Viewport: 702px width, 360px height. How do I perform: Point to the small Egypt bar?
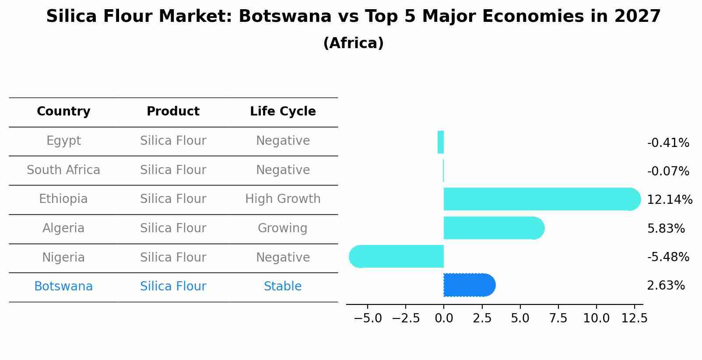(441, 142)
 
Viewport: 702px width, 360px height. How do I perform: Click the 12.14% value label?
(669, 200)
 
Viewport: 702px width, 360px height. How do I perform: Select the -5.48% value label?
(668, 257)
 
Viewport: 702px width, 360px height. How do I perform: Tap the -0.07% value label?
(668, 171)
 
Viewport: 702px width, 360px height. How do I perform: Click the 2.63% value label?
(666, 286)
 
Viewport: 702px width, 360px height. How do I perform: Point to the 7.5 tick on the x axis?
(558, 318)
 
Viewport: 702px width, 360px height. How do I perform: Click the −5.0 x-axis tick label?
(368, 318)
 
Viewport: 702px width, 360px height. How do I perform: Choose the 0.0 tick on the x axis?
(444, 318)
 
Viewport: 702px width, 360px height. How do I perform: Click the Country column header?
(63, 112)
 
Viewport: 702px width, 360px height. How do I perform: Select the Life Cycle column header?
(283, 112)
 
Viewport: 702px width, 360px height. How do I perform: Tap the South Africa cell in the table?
(63, 170)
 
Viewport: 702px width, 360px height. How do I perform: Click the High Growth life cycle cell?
(283, 199)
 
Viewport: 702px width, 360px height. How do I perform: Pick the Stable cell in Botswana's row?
(283, 287)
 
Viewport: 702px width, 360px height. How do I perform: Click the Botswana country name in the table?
(63, 287)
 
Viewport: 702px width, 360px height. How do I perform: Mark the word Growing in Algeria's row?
(283, 228)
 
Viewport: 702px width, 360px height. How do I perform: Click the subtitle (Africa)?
(353, 43)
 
